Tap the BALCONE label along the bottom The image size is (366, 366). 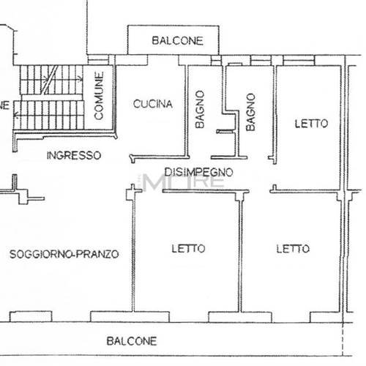pyautogui.click(x=131, y=341)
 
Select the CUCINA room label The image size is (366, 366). pyautogui.click(x=152, y=104)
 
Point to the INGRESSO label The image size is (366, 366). pyautogui.click(x=72, y=155)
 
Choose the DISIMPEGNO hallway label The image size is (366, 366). pyautogui.click(x=198, y=173)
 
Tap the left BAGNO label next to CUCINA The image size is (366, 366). pyautogui.click(x=199, y=110)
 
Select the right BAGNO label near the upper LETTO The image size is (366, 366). pyautogui.click(x=250, y=111)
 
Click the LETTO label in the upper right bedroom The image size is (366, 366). pyautogui.click(x=311, y=124)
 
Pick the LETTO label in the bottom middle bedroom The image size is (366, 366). pyautogui.click(x=189, y=248)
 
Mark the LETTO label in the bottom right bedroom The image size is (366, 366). pyautogui.click(x=292, y=248)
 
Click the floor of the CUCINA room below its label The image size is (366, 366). pyautogui.click(x=152, y=132)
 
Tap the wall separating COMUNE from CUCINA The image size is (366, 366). pyautogui.click(x=116, y=99)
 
